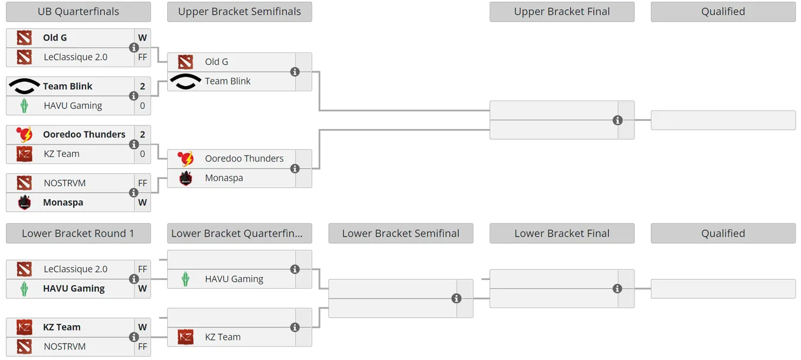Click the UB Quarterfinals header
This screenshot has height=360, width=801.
pos(78,11)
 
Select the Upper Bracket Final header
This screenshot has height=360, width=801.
pos(562,11)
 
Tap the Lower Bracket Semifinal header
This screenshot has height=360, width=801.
pos(400,233)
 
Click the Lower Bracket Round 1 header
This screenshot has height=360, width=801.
pos(78,233)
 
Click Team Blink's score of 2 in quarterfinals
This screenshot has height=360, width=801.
pos(143,86)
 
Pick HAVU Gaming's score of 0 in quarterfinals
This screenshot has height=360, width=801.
pos(143,105)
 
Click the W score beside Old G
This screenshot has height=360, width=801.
pos(143,38)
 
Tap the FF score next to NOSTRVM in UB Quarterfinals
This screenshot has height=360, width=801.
pos(143,183)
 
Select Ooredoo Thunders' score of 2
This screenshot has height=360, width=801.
pos(143,134)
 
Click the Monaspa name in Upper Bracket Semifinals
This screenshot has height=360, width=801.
pos(224,178)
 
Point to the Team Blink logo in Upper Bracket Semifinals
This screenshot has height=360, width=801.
pos(186,81)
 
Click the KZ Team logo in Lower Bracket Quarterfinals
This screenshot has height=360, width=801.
pos(186,337)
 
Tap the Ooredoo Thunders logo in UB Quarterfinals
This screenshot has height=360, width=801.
pos(24,134)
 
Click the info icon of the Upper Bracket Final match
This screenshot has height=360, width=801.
pos(618,120)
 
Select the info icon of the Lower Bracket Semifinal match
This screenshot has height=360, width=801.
pos(456,299)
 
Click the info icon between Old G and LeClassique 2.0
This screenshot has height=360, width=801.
pos(134,48)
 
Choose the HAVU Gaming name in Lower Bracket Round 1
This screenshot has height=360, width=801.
pos(74,289)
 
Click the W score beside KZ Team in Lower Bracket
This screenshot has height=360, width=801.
pos(143,327)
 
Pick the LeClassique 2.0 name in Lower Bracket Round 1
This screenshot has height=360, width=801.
pos(75,269)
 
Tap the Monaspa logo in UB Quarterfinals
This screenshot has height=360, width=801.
pos(24,203)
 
